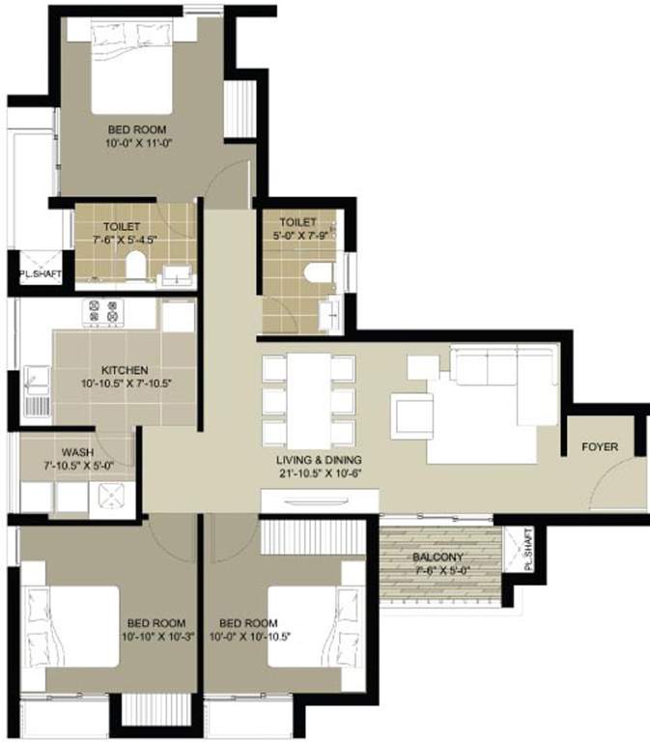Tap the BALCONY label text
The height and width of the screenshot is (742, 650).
[x=439, y=557]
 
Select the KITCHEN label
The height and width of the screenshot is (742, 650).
[x=126, y=370]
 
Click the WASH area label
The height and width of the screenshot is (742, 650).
[x=76, y=452]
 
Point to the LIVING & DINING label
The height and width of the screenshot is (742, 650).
[x=325, y=460]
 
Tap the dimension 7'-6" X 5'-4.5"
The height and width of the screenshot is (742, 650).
[x=123, y=239]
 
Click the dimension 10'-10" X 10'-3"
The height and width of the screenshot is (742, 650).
[x=155, y=638]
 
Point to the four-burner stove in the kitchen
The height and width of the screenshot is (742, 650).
[x=103, y=313]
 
